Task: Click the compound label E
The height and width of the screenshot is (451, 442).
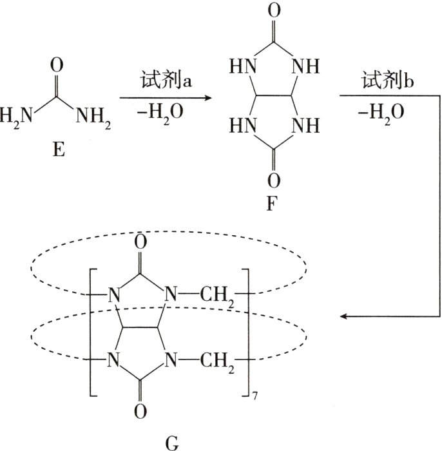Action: pyautogui.click(x=59, y=153)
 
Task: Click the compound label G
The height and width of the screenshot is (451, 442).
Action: pyautogui.click(x=173, y=443)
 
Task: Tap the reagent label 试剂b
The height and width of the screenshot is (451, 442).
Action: pyautogui.click(x=381, y=81)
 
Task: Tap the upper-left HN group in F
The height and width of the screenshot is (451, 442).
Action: pyautogui.click(x=240, y=66)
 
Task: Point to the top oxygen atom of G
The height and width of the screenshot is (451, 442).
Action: pyautogui.click(x=141, y=243)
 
